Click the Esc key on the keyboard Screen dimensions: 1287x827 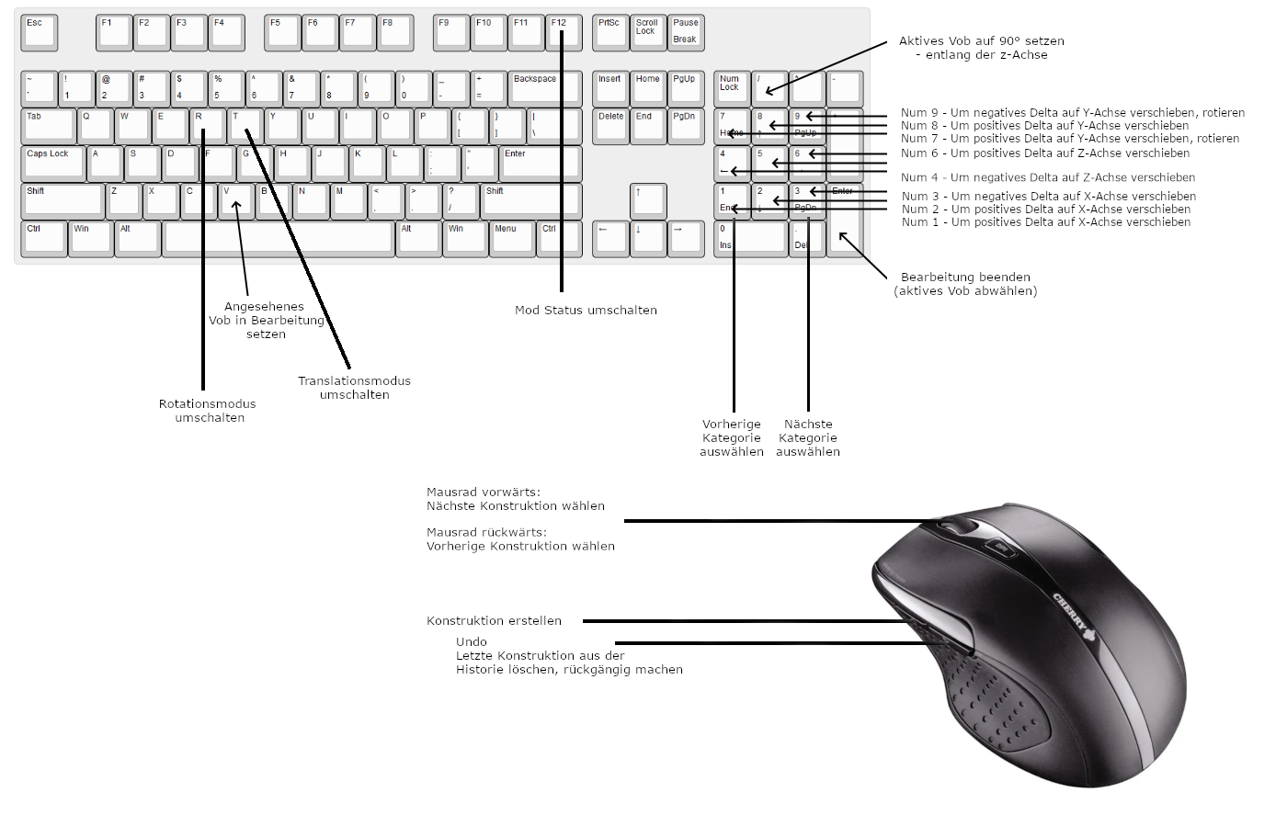39,32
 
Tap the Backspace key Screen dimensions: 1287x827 544,88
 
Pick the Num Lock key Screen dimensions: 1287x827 732,88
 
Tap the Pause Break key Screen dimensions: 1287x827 686,32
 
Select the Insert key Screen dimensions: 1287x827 610,88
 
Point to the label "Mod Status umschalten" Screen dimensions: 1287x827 586,311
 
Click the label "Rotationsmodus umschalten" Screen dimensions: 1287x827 208,411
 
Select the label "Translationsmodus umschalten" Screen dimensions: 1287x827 354,388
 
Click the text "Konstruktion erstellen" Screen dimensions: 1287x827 494,621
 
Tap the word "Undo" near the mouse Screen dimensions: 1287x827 472,642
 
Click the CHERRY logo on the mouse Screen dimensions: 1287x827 1071,615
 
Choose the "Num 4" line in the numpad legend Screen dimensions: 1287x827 1048,178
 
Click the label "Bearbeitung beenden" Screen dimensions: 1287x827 965,284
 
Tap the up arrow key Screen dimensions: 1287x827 648,200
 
